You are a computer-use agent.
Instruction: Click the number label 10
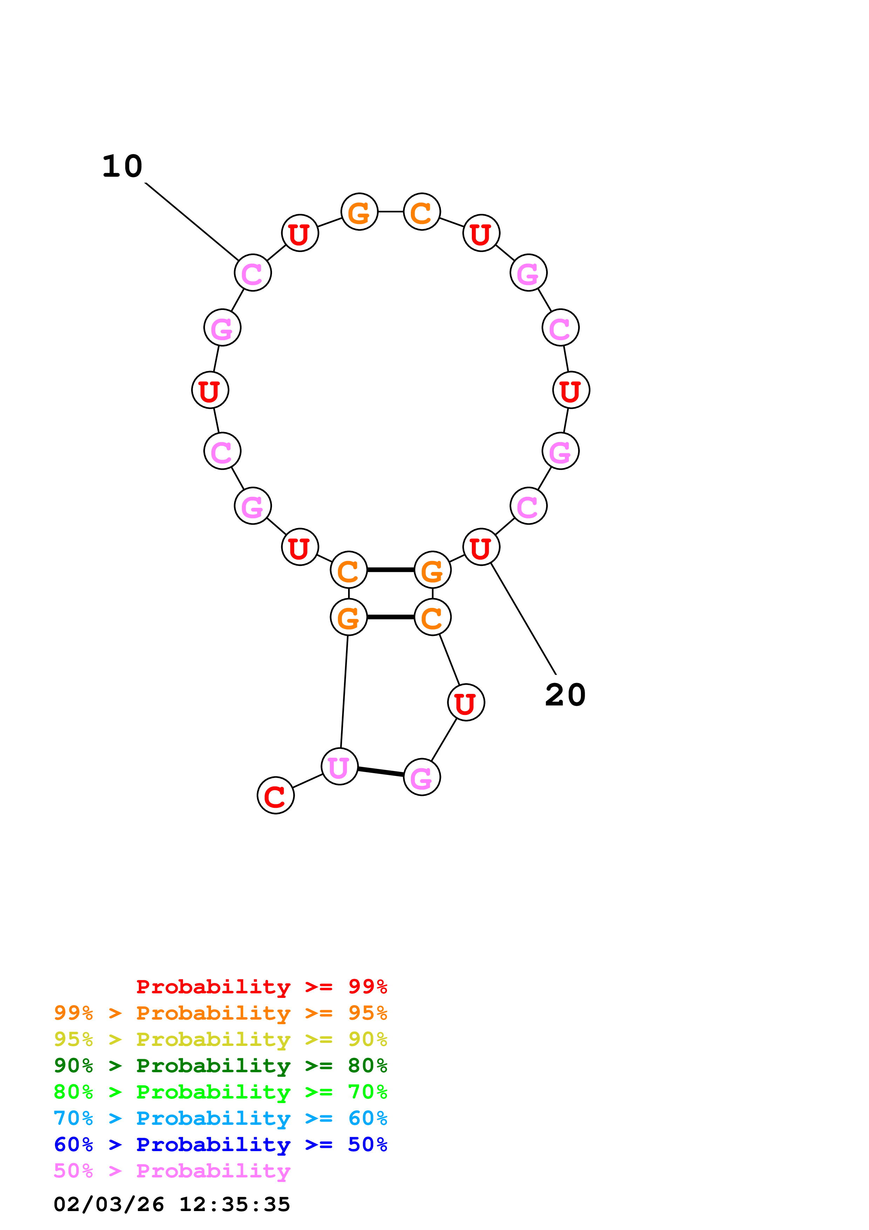click(123, 166)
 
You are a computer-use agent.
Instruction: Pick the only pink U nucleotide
click(339, 766)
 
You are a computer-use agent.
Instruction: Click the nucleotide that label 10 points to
click(253, 273)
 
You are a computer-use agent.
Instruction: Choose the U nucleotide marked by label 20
click(481, 547)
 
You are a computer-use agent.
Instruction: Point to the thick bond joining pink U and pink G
click(381, 772)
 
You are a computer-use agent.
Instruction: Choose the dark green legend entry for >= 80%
click(220, 1066)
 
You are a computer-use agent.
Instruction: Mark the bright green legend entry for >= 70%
click(220, 1092)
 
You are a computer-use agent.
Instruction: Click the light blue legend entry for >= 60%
click(220, 1118)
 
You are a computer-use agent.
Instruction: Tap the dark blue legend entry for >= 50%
click(220, 1144)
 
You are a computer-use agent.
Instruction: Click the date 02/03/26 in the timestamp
click(109, 1204)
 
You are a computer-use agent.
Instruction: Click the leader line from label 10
click(192, 221)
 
